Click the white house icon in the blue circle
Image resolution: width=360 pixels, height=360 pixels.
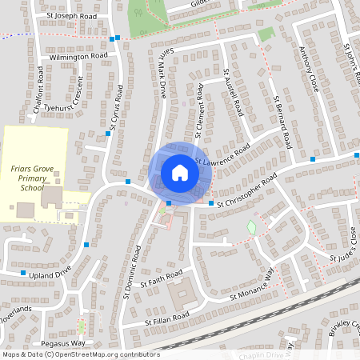(180, 173)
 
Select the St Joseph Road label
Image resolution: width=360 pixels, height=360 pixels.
(72, 15)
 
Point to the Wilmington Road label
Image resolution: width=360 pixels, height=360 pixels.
(78, 57)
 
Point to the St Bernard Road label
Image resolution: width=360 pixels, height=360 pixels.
(281, 122)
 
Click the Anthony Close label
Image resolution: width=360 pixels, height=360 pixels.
(310, 69)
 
